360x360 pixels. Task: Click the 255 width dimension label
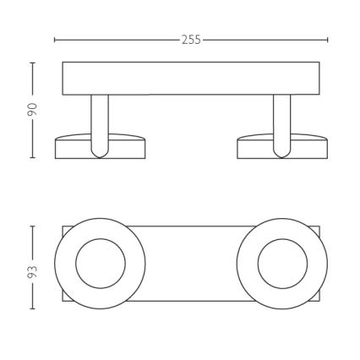pyautogui.click(x=191, y=40)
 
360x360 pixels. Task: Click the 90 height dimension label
pyautogui.click(x=33, y=110)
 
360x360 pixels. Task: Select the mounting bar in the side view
pyautogui.click(x=191, y=78)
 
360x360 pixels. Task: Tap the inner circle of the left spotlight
pyautogui.click(x=101, y=264)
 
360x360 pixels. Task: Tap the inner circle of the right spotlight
pyautogui.click(x=282, y=264)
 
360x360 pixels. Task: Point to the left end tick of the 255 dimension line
pyautogui.click(x=55, y=40)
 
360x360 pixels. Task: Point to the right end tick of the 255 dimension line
pyautogui.click(x=328, y=40)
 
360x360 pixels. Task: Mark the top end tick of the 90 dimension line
pyautogui.click(x=33, y=62)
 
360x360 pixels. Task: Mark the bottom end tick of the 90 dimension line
pyautogui.click(x=33, y=158)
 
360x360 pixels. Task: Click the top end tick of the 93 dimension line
pyautogui.click(x=33, y=225)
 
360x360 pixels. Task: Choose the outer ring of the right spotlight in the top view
pyautogui.click(x=318, y=264)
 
